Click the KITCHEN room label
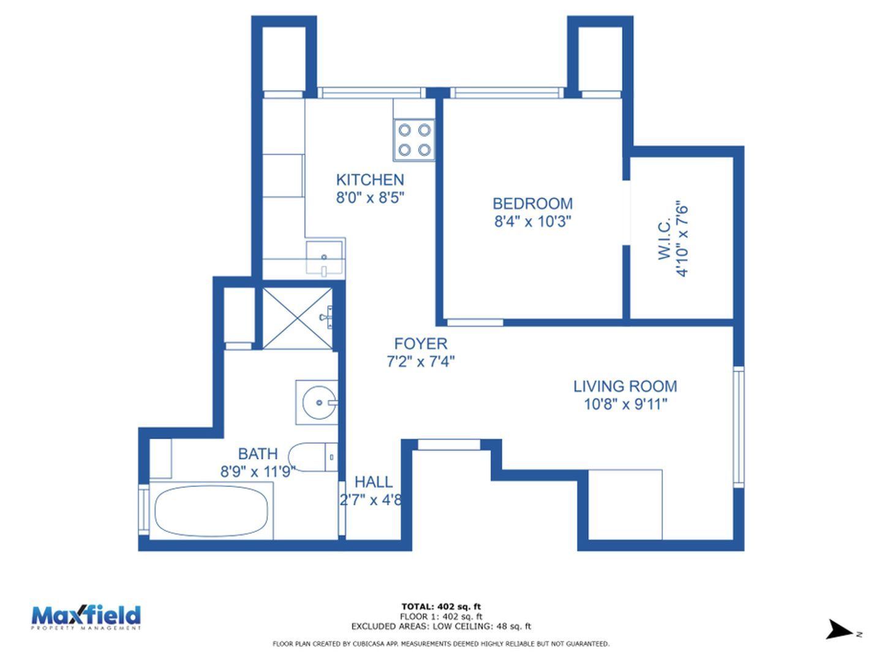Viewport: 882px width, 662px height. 370,180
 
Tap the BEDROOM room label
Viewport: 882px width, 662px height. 532,204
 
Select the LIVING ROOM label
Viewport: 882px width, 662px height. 625,386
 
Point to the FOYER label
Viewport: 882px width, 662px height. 421,344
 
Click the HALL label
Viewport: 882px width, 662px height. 373,482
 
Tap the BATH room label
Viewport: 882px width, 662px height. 258,454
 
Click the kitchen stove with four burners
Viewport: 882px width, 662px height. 414,140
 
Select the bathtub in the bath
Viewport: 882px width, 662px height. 211,511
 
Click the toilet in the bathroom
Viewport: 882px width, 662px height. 313,457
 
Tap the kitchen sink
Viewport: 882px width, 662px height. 325,257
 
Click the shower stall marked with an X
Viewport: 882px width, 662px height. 297,318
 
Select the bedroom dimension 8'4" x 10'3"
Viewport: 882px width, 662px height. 532,221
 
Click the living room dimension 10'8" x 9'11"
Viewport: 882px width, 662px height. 625,404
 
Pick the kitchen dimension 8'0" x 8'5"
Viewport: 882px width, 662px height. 370,197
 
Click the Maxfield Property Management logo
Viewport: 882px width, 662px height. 86,617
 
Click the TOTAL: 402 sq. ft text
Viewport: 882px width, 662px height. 441,607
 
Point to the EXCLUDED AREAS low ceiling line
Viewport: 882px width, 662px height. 441,626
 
